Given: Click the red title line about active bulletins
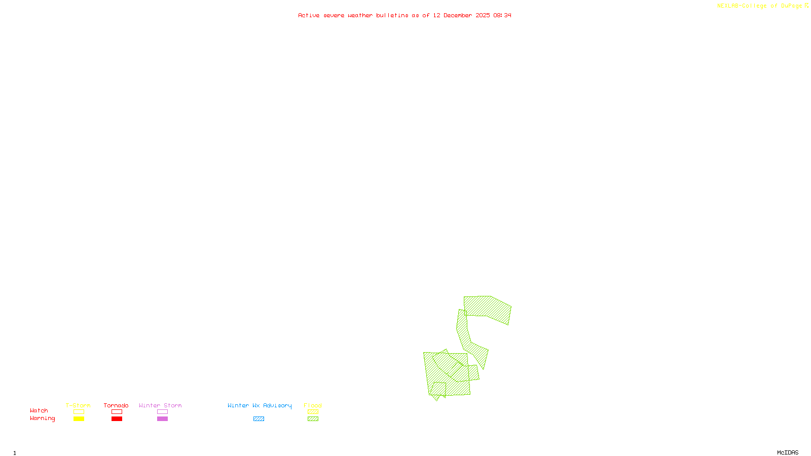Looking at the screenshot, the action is click(x=404, y=16).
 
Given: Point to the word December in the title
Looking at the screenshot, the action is click(x=458, y=16).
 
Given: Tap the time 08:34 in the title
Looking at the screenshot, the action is click(x=502, y=16).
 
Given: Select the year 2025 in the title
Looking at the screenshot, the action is click(x=483, y=16).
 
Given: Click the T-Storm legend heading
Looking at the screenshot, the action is click(x=78, y=405).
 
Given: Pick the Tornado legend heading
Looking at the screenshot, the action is click(x=116, y=405).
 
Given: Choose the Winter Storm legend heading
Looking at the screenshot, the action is click(x=160, y=405).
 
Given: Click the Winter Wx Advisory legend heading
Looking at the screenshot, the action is click(x=260, y=405).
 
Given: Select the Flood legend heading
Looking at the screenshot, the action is click(x=313, y=405).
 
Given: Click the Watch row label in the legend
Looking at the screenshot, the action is click(x=39, y=410).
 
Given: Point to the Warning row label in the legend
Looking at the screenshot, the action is click(x=42, y=419).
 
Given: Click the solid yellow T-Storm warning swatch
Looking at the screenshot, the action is click(x=79, y=419).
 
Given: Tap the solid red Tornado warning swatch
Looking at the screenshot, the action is click(x=117, y=419).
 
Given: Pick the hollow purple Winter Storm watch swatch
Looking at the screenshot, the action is click(x=162, y=412).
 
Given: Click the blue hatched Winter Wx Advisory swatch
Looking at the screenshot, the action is click(x=259, y=419).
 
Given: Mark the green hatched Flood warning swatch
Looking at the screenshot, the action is click(x=313, y=419).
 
